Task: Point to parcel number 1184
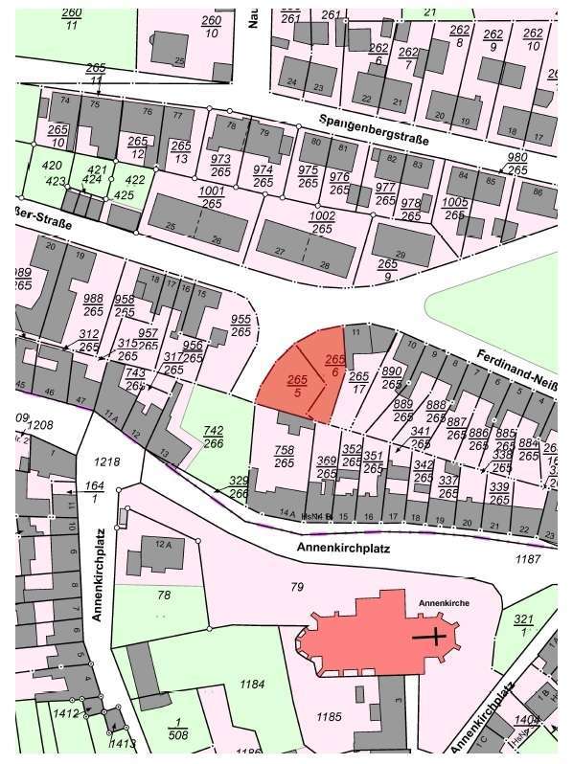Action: [x=252, y=684]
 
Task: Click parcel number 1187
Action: [x=528, y=557]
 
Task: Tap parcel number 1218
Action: [x=108, y=462]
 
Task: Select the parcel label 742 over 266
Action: [x=214, y=437]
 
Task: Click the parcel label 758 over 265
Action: [x=285, y=456]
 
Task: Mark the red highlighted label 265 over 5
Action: [x=297, y=386]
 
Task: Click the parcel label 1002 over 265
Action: [x=322, y=222]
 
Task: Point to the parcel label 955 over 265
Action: [x=241, y=326]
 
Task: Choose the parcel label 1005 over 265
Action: [x=456, y=209]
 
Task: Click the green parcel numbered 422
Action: [x=135, y=178]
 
